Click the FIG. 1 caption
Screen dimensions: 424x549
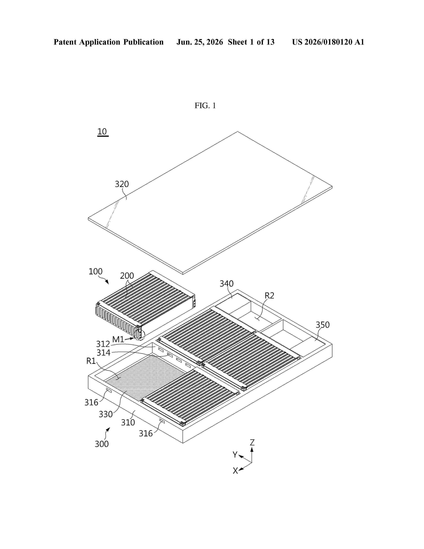pyautogui.click(x=205, y=106)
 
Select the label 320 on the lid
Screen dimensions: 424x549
pyautogui.click(x=122, y=184)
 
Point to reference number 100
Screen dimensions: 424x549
pyautogui.click(x=95, y=272)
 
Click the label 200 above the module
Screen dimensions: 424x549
pyautogui.click(x=127, y=276)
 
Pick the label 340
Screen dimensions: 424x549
pyautogui.click(x=227, y=283)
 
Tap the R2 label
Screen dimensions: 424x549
pyautogui.click(x=270, y=296)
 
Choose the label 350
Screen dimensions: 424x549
pyautogui.click(x=323, y=325)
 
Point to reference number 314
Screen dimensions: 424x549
pyautogui.click(x=103, y=353)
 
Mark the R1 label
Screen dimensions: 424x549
pyautogui.click(x=91, y=361)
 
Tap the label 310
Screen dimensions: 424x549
pyautogui.click(x=128, y=422)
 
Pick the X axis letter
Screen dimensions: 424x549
pyautogui.click(x=235, y=471)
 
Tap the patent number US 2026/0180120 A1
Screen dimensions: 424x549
pyautogui.click(x=328, y=42)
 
